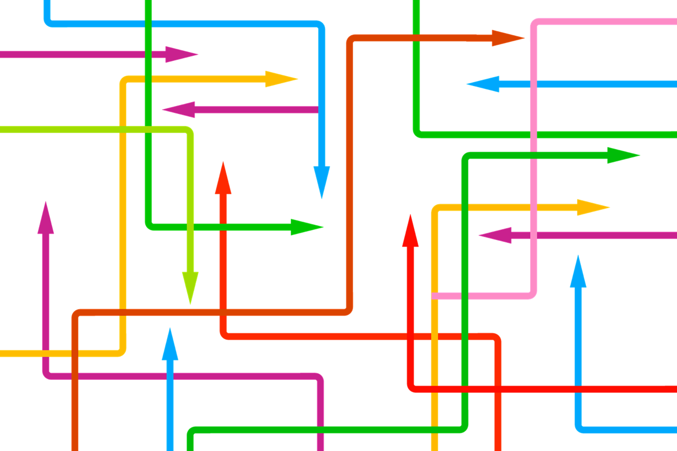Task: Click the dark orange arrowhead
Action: tap(508, 38)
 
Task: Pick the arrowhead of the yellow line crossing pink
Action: tap(593, 207)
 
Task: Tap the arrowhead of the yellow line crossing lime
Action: tap(281, 79)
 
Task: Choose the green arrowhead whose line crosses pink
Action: tap(623, 155)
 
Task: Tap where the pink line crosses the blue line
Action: tap(534, 84)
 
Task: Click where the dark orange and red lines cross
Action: tap(223, 312)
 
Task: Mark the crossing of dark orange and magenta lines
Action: tap(75, 376)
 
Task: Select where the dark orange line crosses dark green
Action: tap(416, 38)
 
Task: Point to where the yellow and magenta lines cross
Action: tap(46, 353)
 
